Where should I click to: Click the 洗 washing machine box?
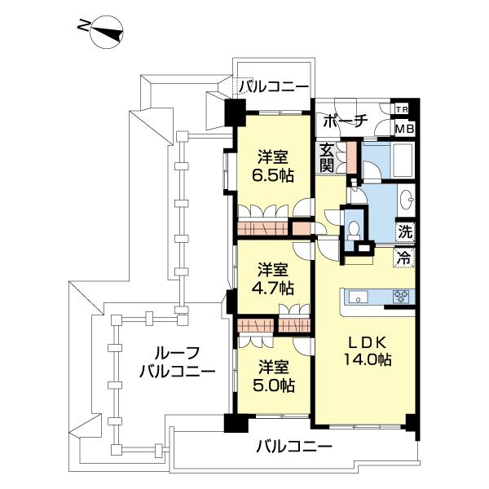pyautogui.click(x=404, y=231)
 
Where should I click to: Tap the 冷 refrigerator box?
pyautogui.click(x=404, y=255)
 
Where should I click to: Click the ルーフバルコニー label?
pyautogui.click(x=177, y=363)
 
